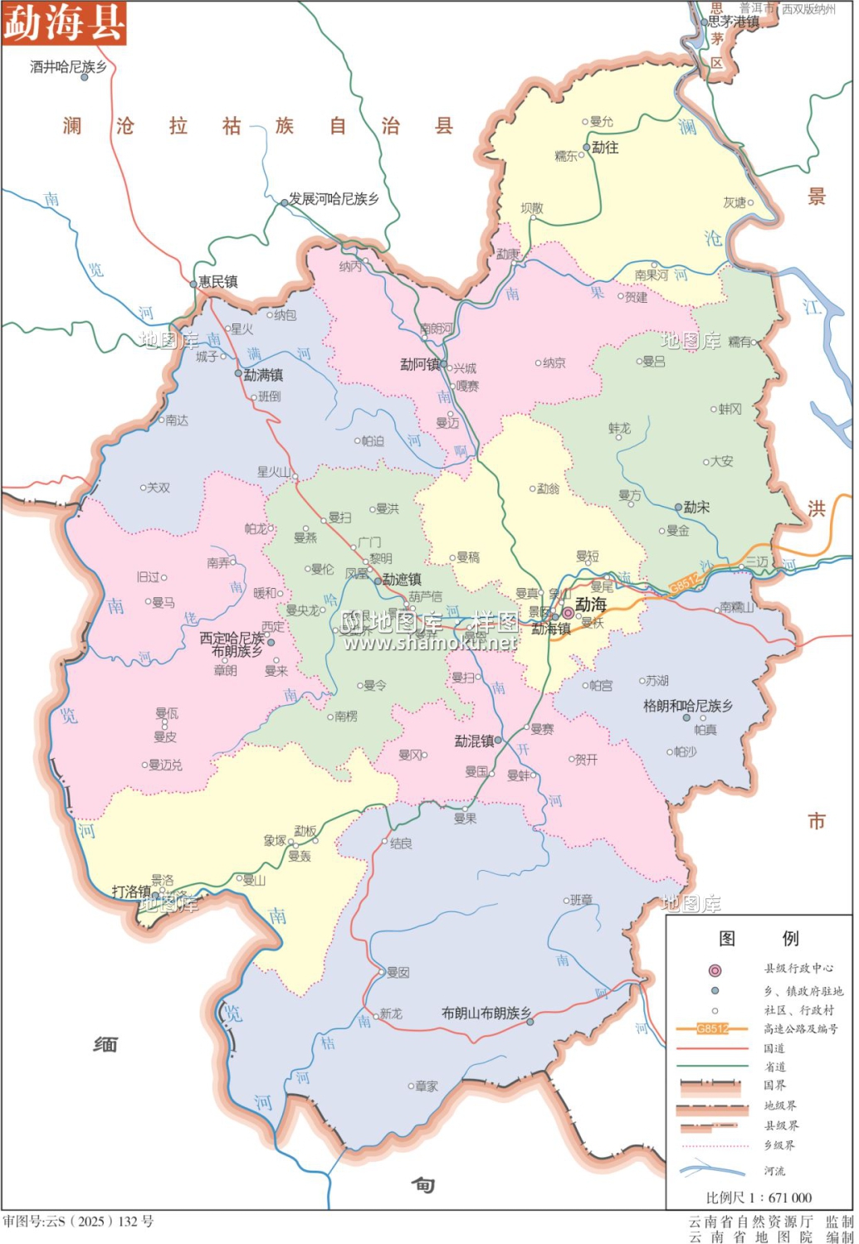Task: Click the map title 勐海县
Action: (63, 22)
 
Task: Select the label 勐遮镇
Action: (403, 580)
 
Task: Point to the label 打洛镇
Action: (131, 892)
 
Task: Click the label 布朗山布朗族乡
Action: (486, 1013)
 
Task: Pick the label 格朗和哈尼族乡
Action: (688, 706)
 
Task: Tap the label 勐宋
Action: (696, 507)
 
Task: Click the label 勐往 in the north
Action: (605, 147)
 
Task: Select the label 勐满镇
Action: (263, 375)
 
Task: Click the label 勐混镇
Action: (474, 741)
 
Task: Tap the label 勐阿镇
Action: (420, 364)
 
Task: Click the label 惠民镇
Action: (218, 282)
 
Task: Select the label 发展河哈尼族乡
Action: (334, 199)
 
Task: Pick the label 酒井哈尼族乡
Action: (68, 66)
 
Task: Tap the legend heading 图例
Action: (759, 938)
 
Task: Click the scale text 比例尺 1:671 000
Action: (759, 1197)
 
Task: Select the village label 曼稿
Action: (468, 557)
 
